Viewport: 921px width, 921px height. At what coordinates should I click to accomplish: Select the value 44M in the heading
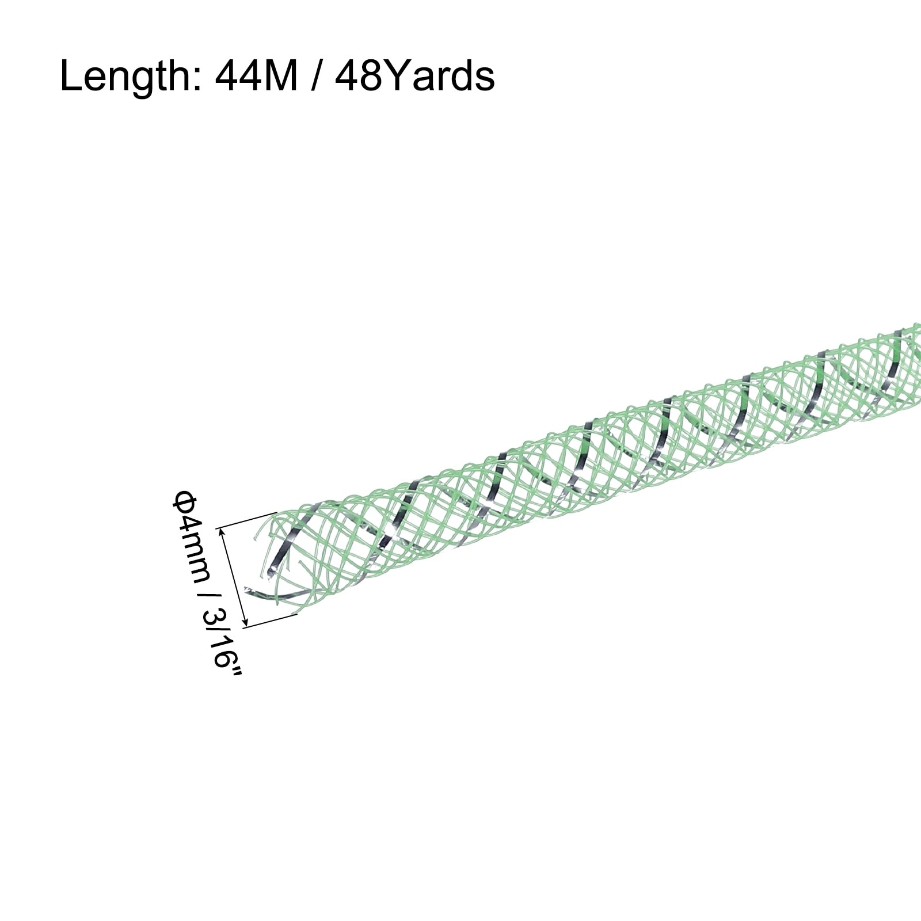(x=257, y=76)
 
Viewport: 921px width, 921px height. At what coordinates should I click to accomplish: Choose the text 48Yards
(x=414, y=76)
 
